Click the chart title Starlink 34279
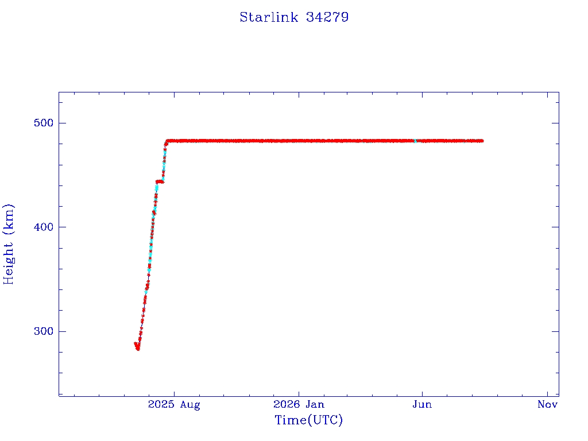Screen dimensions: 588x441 [294, 17]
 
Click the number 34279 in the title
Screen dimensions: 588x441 [327, 17]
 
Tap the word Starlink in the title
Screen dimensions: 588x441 [269, 17]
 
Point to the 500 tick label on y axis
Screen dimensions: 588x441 [44, 123]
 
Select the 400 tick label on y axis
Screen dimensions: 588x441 [44, 227]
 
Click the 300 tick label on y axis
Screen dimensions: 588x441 [44, 331]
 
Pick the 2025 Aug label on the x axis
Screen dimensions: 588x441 [174, 405]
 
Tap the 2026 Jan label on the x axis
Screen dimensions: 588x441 [299, 404]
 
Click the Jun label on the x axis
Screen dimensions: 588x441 [422, 404]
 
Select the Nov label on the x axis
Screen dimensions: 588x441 [547, 404]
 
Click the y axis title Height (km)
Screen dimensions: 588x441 [9, 244]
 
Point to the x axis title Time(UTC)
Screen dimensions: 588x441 [308, 420]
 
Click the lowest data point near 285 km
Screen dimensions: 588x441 [138, 349]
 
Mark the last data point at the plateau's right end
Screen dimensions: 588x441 [482, 141]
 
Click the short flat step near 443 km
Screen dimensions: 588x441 [160, 182]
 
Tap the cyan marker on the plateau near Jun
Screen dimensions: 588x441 [415, 141]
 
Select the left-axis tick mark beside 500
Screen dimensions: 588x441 [62, 123]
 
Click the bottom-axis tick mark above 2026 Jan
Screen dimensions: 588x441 [299, 393]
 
